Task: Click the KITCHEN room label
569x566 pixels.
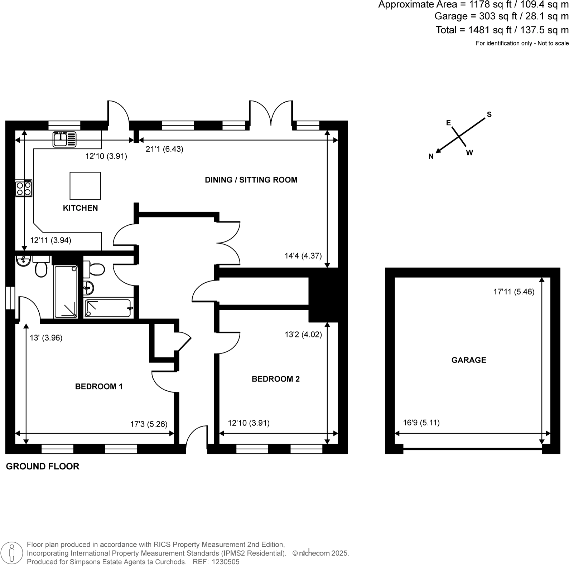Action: (80, 208)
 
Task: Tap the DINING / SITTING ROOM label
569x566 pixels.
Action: (251, 180)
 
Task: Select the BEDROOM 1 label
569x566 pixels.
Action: (99, 386)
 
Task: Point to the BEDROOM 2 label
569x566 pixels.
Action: (275, 379)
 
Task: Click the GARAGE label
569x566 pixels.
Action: (468, 360)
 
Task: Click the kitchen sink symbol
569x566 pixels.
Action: (64, 139)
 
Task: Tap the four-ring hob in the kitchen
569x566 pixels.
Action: (24, 188)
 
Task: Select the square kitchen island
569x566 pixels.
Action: (85, 185)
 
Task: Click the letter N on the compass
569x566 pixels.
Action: (431, 156)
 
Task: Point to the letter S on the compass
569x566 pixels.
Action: (489, 114)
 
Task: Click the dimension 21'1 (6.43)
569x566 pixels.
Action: (164, 149)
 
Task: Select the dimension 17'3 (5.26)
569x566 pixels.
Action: (149, 424)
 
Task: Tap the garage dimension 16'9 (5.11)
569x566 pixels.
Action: (421, 423)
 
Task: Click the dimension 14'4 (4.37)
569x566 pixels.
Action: (303, 256)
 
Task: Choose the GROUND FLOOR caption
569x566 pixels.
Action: (43, 466)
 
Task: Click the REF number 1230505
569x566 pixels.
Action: (226, 562)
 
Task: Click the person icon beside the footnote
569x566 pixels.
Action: (12, 553)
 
